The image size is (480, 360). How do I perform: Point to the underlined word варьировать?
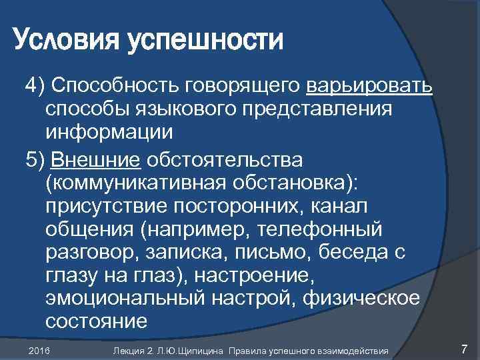(x=370, y=86)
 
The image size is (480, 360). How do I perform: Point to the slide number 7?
(x=465, y=349)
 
